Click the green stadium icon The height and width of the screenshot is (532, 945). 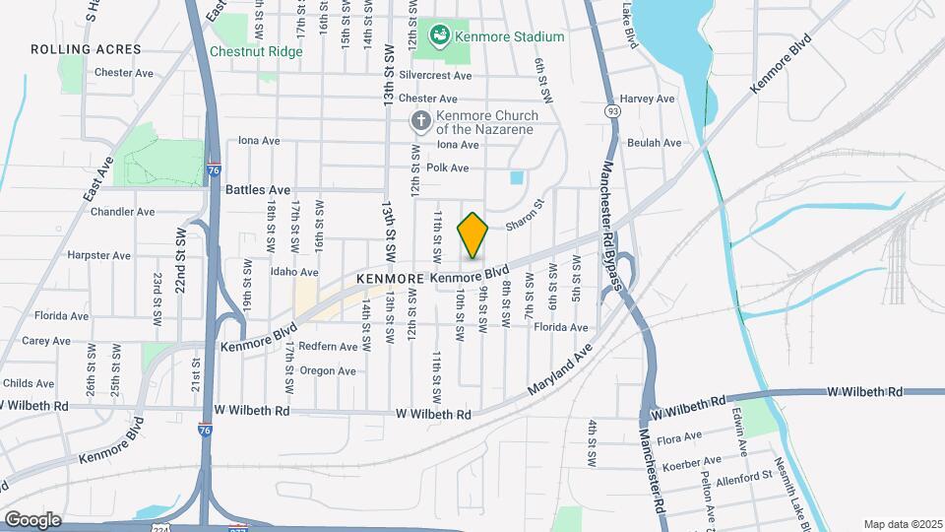click(x=439, y=36)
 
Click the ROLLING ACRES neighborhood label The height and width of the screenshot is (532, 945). click(x=86, y=49)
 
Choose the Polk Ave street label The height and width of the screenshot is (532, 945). click(x=447, y=168)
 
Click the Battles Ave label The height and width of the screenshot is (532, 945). click(x=258, y=189)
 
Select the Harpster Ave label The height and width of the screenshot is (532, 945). click(x=98, y=255)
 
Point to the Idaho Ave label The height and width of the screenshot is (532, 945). click(x=294, y=272)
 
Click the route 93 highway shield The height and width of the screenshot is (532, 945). click(x=613, y=112)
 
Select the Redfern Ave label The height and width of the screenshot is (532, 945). click(x=328, y=347)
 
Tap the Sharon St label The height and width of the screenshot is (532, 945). click(x=525, y=219)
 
